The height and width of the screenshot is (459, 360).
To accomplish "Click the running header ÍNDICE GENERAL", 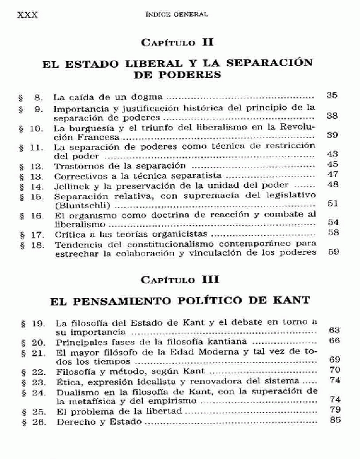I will pos(179,14).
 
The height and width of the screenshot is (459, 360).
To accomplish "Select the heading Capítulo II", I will pos(176,43).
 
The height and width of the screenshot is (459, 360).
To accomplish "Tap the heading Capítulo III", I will pos(176,280).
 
